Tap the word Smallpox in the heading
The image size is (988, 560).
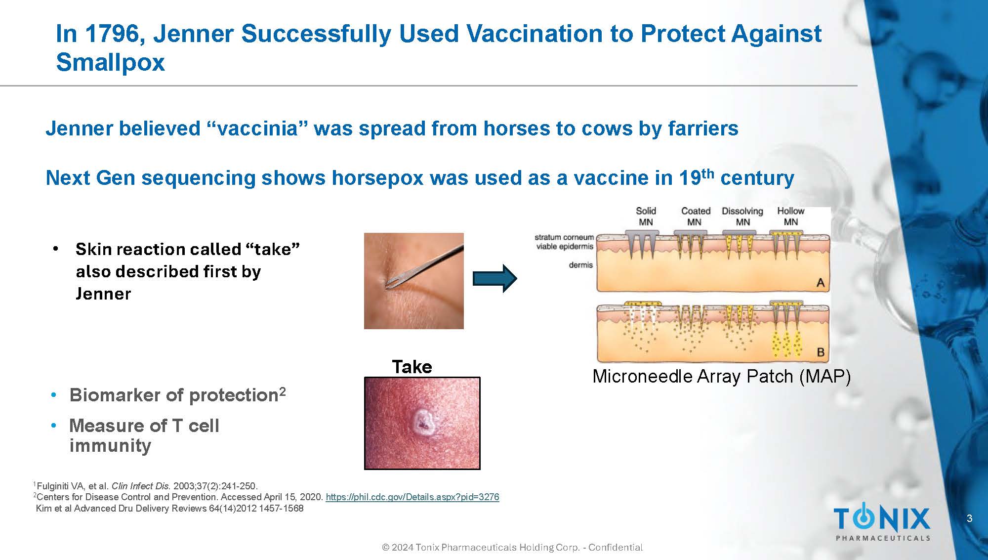tap(110, 63)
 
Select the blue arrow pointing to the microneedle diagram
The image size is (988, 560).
tap(495, 278)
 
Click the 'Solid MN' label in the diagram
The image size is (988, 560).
tap(646, 216)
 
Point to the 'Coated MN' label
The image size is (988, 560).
tap(696, 216)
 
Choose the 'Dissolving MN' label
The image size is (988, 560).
tap(742, 216)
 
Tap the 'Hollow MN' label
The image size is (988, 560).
tap(791, 216)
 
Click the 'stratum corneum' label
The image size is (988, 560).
tap(564, 237)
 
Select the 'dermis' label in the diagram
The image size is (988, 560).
tap(580, 265)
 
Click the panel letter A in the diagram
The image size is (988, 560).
tap(821, 283)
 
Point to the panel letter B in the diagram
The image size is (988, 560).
tap(821, 352)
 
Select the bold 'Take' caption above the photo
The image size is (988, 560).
tap(412, 367)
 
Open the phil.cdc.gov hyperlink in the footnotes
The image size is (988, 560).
tap(412, 497)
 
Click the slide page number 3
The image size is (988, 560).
tap(970, 518)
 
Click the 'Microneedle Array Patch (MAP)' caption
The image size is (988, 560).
tap(722, 377)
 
